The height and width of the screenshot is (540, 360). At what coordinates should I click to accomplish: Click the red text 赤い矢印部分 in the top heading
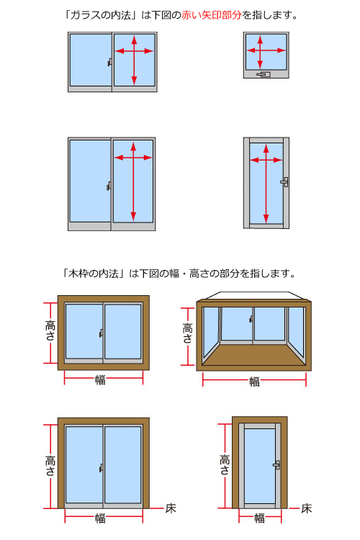tap(212, 15)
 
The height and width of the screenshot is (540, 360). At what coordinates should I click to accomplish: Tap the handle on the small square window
tap(264, 74)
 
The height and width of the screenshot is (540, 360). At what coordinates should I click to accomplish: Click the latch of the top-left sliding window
tap(110, 62)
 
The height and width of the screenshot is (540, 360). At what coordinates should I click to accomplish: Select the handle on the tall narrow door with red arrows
tap(284, 182)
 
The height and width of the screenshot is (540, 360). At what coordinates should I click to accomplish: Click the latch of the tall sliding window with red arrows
tap(109, 186)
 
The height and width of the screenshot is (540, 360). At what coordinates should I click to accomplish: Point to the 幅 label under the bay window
tap(255, 382)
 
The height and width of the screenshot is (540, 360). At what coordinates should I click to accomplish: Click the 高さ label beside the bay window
tap(187, 333)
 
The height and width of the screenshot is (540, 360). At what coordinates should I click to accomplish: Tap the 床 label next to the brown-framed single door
tap(307, 508)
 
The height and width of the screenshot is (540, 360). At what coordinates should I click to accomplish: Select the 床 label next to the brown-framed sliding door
tap(171, 508)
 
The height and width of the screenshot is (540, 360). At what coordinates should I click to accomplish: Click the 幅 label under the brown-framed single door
tap(260, 518)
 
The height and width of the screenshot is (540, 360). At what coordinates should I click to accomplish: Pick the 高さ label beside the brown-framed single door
tap(225, 465)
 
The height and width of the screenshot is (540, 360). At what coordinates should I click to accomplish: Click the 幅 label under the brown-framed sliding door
tap(100, 518)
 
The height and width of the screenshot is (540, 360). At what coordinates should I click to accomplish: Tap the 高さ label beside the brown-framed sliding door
tap(50, 466)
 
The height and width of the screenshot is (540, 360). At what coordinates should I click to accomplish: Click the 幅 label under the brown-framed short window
tap(100, 380)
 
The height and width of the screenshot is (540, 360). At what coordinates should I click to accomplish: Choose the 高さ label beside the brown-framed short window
tap(50, 330)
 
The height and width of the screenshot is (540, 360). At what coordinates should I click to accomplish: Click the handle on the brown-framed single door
tap(276, 465)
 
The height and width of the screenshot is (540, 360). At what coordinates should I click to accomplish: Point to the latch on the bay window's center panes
tap(251, 319)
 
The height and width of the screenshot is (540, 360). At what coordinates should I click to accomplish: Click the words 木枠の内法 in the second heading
tap(94, 274)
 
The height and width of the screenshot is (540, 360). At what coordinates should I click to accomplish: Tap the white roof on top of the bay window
tap(254, 296)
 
